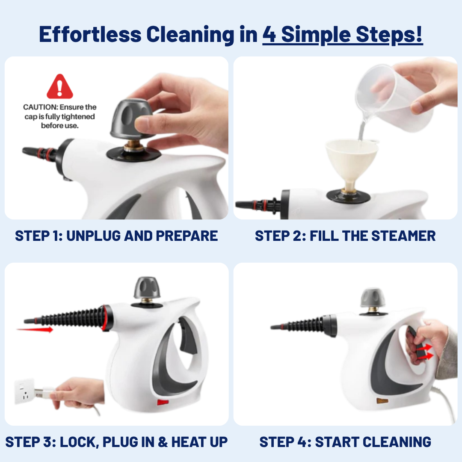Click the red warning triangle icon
click(60, 87)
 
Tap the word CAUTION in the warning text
click(40, 107)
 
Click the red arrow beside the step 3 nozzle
click(35, 329)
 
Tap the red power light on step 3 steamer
click(162, 402)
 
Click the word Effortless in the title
click(89, 35)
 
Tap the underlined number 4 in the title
click(269, 35)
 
